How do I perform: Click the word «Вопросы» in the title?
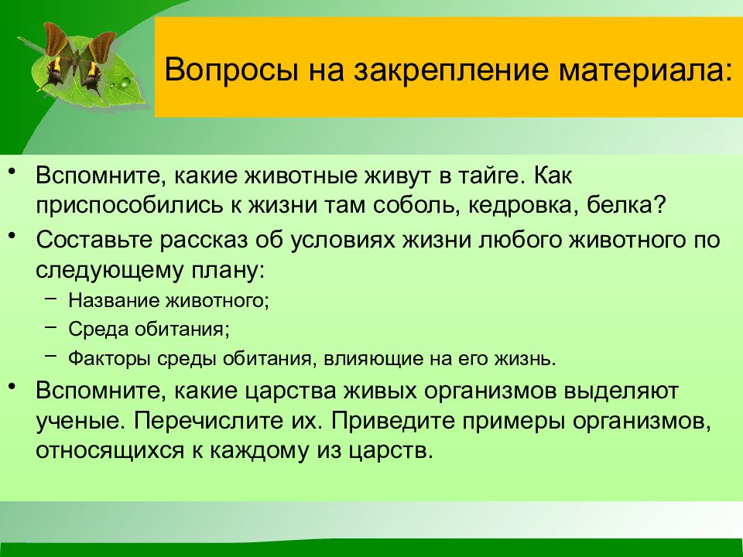pos(231,70)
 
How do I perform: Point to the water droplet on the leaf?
pos(125,83)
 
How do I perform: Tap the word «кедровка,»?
pos(524,206)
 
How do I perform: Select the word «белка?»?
pos(626,206)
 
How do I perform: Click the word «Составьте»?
pos(94,240)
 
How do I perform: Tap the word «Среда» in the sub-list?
pos(98,330)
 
